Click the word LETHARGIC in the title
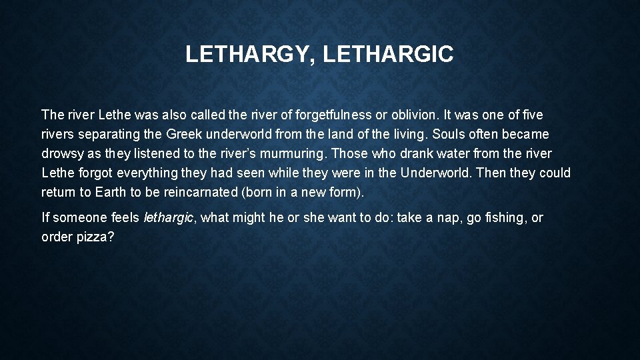388,55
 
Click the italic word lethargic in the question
168,218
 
